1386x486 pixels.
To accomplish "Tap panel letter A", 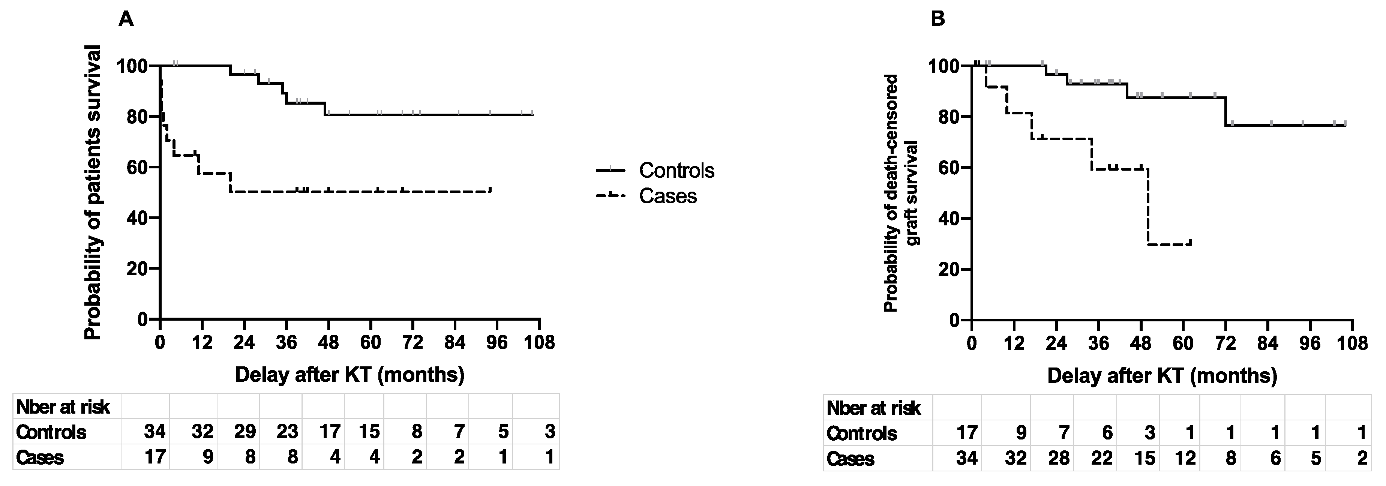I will pyautogui.click(x=126, y=19).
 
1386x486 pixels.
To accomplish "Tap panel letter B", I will pyautogui.click(x=938, y=19).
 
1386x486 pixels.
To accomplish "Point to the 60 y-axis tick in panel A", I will pyautogui.click(x=136, y=167).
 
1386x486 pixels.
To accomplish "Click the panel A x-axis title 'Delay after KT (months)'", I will pyautogui.click(x=350, y=374).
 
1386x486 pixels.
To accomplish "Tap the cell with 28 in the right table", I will pyautogui.click(x=1057, y=459).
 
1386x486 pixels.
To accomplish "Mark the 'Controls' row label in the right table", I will pyautogui.click(x=862, y=433).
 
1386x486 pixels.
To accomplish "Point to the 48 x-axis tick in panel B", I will pyautogui.click(x=1141, y=343).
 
